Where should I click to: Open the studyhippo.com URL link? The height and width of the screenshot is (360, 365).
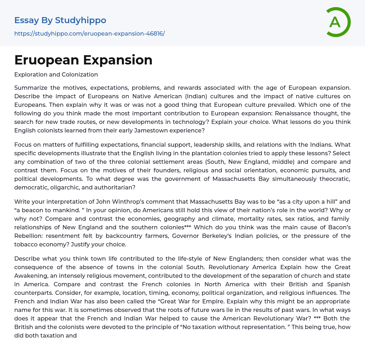point(89,34)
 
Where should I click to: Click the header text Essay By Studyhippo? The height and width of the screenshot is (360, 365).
point(60,20)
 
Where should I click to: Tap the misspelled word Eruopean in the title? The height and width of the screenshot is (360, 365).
point(45,60)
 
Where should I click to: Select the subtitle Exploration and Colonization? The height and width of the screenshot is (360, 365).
point(56,75)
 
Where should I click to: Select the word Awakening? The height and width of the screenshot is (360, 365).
point(30,276)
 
